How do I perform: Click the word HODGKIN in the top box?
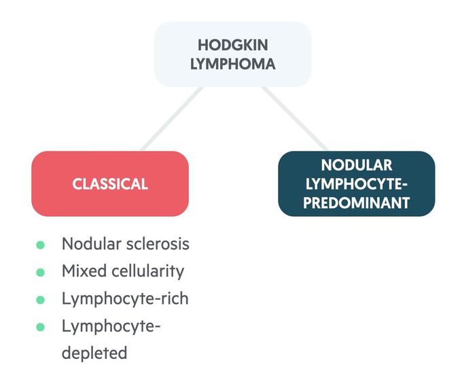pyautogui.click(x=232, y=45)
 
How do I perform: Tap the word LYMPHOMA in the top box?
pyautogui.click(x=232, y=65)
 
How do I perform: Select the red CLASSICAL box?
pyautogui.click(x=110, y=184)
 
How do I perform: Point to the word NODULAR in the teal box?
pyautogui.click(x=357, y=165)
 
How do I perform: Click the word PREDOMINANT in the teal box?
pyautogui.click(x=357, y=202)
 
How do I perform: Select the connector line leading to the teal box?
pyautogui.click(x=294, y=118)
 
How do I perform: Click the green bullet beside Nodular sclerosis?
pyautogui.click(x=40, y=245)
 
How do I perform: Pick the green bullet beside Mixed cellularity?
pyautogui.click(x=40, y=272)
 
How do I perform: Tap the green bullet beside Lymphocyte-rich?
pyautogui.click(x=40, y=299)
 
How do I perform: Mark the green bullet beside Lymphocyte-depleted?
pyautogui.click(x=40, y=326)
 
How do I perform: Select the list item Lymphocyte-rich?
pyautogui.click(x=125, y=299)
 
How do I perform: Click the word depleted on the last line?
pyautogui.click(x=94, y=353)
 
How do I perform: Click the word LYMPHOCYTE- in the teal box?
pyautogui.click(x=357, y=184)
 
